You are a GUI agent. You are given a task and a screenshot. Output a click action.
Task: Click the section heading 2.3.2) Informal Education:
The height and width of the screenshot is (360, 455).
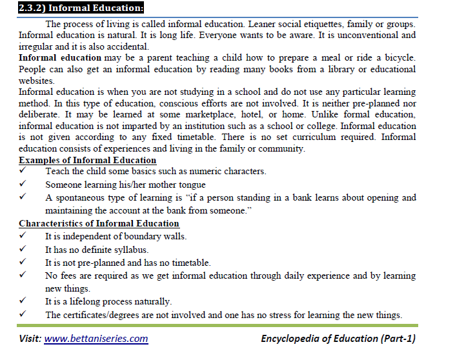(72, 8)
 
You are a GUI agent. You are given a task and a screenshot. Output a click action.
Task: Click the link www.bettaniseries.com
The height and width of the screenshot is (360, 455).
(96, 338)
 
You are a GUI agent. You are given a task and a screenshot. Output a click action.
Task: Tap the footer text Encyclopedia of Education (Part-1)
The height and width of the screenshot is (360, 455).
(338, 338)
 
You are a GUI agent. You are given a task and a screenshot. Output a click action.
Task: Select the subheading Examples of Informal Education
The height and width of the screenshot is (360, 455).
(87, 160)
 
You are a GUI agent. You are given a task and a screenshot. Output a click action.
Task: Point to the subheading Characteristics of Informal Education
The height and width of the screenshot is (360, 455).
(99, 223)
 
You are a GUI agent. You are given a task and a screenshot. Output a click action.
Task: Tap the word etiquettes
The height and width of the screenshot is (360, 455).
(279, 24)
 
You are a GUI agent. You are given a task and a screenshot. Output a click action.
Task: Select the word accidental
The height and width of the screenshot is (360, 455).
(126, 46)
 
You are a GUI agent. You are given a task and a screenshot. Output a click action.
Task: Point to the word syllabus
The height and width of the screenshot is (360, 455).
(131, 249)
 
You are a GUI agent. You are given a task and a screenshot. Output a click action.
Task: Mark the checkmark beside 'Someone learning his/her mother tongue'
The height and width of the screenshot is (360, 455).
(23, 184)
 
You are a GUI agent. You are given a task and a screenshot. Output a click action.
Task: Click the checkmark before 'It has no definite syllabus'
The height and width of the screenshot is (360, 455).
(23, 249)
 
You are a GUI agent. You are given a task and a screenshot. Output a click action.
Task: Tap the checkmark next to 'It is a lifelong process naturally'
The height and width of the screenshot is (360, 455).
(23, 301)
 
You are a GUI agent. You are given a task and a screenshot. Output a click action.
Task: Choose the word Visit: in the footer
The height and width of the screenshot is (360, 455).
(30, 338)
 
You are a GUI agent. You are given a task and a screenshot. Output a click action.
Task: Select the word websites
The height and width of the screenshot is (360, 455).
(37, 81)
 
